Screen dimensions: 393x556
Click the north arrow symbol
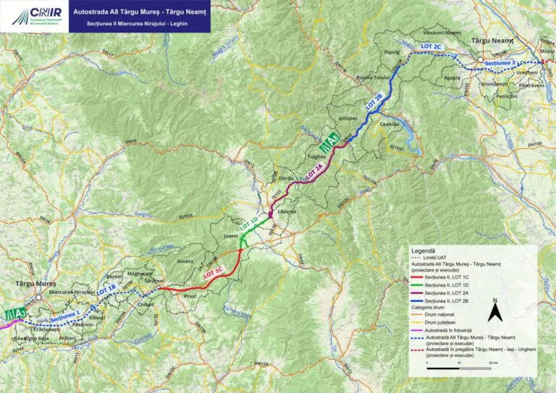(494, 313)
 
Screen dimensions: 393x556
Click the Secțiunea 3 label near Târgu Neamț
(502, 64)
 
